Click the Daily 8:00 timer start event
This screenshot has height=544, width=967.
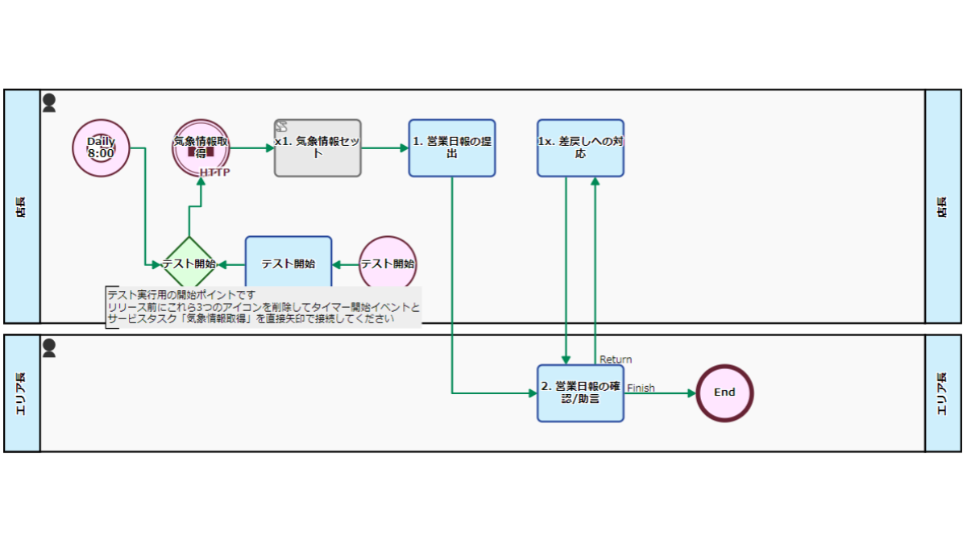tap(101, 148)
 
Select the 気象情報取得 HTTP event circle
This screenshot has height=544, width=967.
tap(201, 148)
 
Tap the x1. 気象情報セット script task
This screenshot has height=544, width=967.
tap(317, 148)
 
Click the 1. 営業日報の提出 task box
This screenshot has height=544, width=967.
tap(452, 148)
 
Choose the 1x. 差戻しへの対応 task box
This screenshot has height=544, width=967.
tap(581, 148)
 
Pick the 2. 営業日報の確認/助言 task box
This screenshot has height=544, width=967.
tap(581, 393)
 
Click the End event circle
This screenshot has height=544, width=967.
tap(724, 393)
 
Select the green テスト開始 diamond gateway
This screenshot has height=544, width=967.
tap(189, 264)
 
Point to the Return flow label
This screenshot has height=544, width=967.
tap(616, 359)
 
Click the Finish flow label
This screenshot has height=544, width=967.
tap(641, 388)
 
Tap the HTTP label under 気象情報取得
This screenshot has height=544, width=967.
tap(214, 172)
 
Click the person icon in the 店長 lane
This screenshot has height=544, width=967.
tap(49, 103)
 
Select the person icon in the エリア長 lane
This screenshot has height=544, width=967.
tap(49, 348)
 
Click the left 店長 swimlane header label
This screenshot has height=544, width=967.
tap(21, 207)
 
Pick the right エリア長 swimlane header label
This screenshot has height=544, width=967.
tap(942, 394)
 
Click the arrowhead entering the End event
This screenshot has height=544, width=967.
tap(691, 393)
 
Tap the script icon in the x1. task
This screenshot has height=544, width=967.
tap(281, 127)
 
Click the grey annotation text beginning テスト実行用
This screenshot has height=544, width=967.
tap(264, 307)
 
